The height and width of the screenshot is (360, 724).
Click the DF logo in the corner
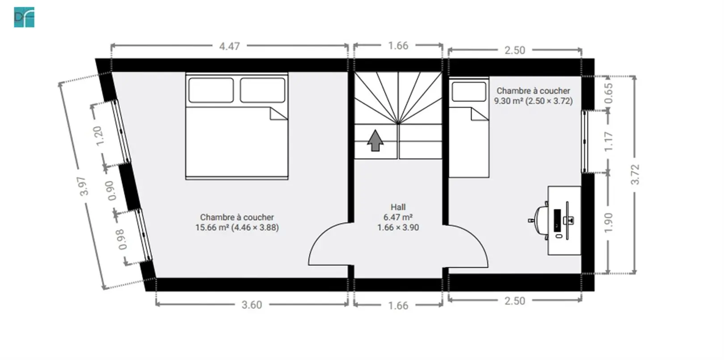tap(24, 17)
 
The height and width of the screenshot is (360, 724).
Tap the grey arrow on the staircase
tap(375, 141)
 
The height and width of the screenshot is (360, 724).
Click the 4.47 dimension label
tap(229, 46)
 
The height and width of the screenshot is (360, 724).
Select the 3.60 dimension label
tap(252, 305)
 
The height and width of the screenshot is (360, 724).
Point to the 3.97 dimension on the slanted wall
tap(83, 186)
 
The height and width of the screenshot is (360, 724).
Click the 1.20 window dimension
tap(97, 136)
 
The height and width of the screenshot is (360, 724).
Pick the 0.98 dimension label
tap(122, 239)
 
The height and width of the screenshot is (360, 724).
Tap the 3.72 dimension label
tap(635, 175)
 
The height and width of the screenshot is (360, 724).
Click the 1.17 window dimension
tap(608, 141)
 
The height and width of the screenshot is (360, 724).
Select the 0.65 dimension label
tap(608, 93)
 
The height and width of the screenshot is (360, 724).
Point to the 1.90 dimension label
tap(608, 222)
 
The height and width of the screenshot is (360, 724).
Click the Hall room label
tap(398, 207)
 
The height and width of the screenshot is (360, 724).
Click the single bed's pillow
tap(469, 92)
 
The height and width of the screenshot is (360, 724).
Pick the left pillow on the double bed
tap(211, 90)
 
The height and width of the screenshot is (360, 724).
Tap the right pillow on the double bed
tap(262, 90)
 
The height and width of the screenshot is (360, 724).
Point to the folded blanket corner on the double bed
tap(278, 114)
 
